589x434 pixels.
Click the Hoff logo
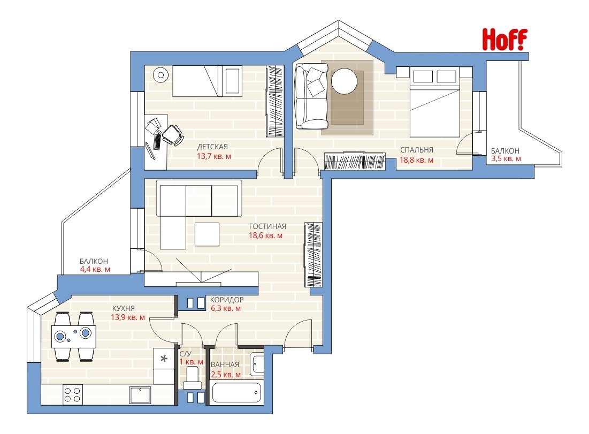click(x=504, y=40)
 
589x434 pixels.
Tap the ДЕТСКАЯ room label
click(x=212, y=147)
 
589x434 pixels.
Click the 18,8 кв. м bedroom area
click(x=416, y=160)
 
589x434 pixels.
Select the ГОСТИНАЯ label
click(x=267, y=226)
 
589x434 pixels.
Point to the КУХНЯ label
click(x=124, y=308)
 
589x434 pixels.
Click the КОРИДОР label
click(x=227, y=300)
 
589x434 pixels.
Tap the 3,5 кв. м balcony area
click(x=506, y=158)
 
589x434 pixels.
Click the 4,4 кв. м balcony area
click(x=95, y=269)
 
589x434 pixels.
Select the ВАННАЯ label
click(x=225, y=364)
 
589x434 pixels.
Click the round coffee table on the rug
click(x=344, y=81)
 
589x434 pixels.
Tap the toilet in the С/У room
click(x=193, y=377)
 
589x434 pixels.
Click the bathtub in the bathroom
click(x=236, y=393)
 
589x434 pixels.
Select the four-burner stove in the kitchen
click(x=73, y=394)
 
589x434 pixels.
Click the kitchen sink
click(x=140, y=394)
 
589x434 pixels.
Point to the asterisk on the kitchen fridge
click(x=164, y=359)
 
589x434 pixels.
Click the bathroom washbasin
click(x=257, y=363)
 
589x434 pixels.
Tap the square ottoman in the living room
click(x=207, y=234)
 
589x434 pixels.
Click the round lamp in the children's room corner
click(x=161, y=75)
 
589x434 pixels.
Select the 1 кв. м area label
click(x=191, y=362)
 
